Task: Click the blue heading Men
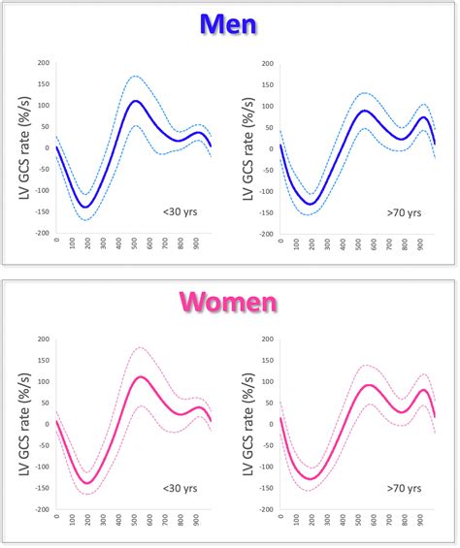coord(229,23)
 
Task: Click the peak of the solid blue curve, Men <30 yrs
coord(135,101)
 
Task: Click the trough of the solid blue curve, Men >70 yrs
coord(312,204)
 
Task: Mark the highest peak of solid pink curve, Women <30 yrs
coord(140,376)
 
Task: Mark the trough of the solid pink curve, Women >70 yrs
coord(312,478)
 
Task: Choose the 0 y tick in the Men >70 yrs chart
coord(272,148)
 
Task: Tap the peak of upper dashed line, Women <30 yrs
coord(139,347)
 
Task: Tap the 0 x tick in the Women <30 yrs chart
coord(57,519)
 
